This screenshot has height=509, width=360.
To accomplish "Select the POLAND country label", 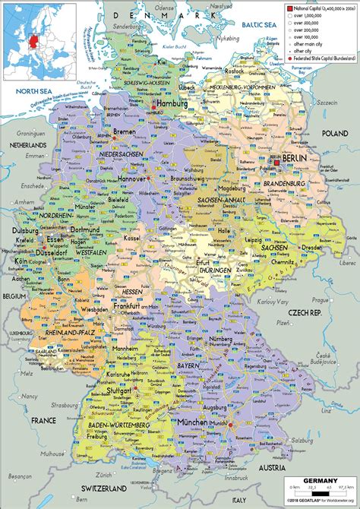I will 334,133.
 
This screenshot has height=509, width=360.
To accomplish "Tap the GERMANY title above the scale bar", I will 319,481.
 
